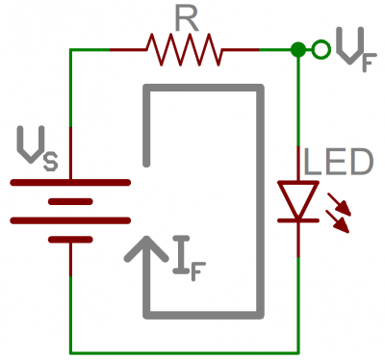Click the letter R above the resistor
coord(183,16)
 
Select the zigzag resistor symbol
coord(183,46)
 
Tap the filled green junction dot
coord(298,47)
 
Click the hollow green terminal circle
coord(320,47)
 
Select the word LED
coord(337,162)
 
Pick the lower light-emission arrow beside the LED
coord(340,220)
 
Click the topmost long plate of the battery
coord(70,181)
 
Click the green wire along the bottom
coord(183,352)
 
